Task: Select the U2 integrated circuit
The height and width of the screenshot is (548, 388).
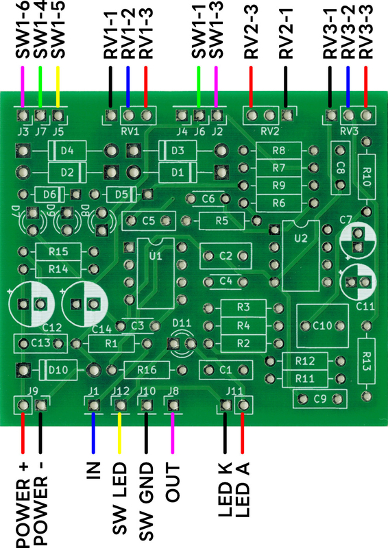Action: tap(301, 256)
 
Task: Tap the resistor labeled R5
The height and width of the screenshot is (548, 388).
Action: tap(221, 221)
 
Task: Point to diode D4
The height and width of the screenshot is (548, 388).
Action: tap(66, 151)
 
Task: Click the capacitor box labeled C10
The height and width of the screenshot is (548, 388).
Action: tap(322, 326)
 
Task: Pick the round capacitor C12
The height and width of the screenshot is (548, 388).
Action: tap(32, 304)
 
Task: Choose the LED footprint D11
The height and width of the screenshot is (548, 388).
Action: tap(182, 344)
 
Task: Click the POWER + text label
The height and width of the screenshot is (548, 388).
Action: tap(23, 506)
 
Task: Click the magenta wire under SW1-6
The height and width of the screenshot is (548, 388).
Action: tap(23, 87)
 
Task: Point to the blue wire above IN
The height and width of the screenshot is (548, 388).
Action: tap(93, 433)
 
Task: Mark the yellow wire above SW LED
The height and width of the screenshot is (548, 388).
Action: tap(120, 433)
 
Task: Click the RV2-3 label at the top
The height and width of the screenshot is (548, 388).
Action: tap(251, 32)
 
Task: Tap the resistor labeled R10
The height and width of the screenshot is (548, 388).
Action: tap(366, 177)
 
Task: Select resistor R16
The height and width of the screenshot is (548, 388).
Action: tap(147, 370)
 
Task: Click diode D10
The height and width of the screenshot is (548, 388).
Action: tap(58, 370)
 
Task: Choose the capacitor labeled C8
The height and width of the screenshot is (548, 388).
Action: tap(340, 168)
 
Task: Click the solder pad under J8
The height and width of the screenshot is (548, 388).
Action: tap(173, 406)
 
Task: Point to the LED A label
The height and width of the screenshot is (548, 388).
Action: tap(243, 489)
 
